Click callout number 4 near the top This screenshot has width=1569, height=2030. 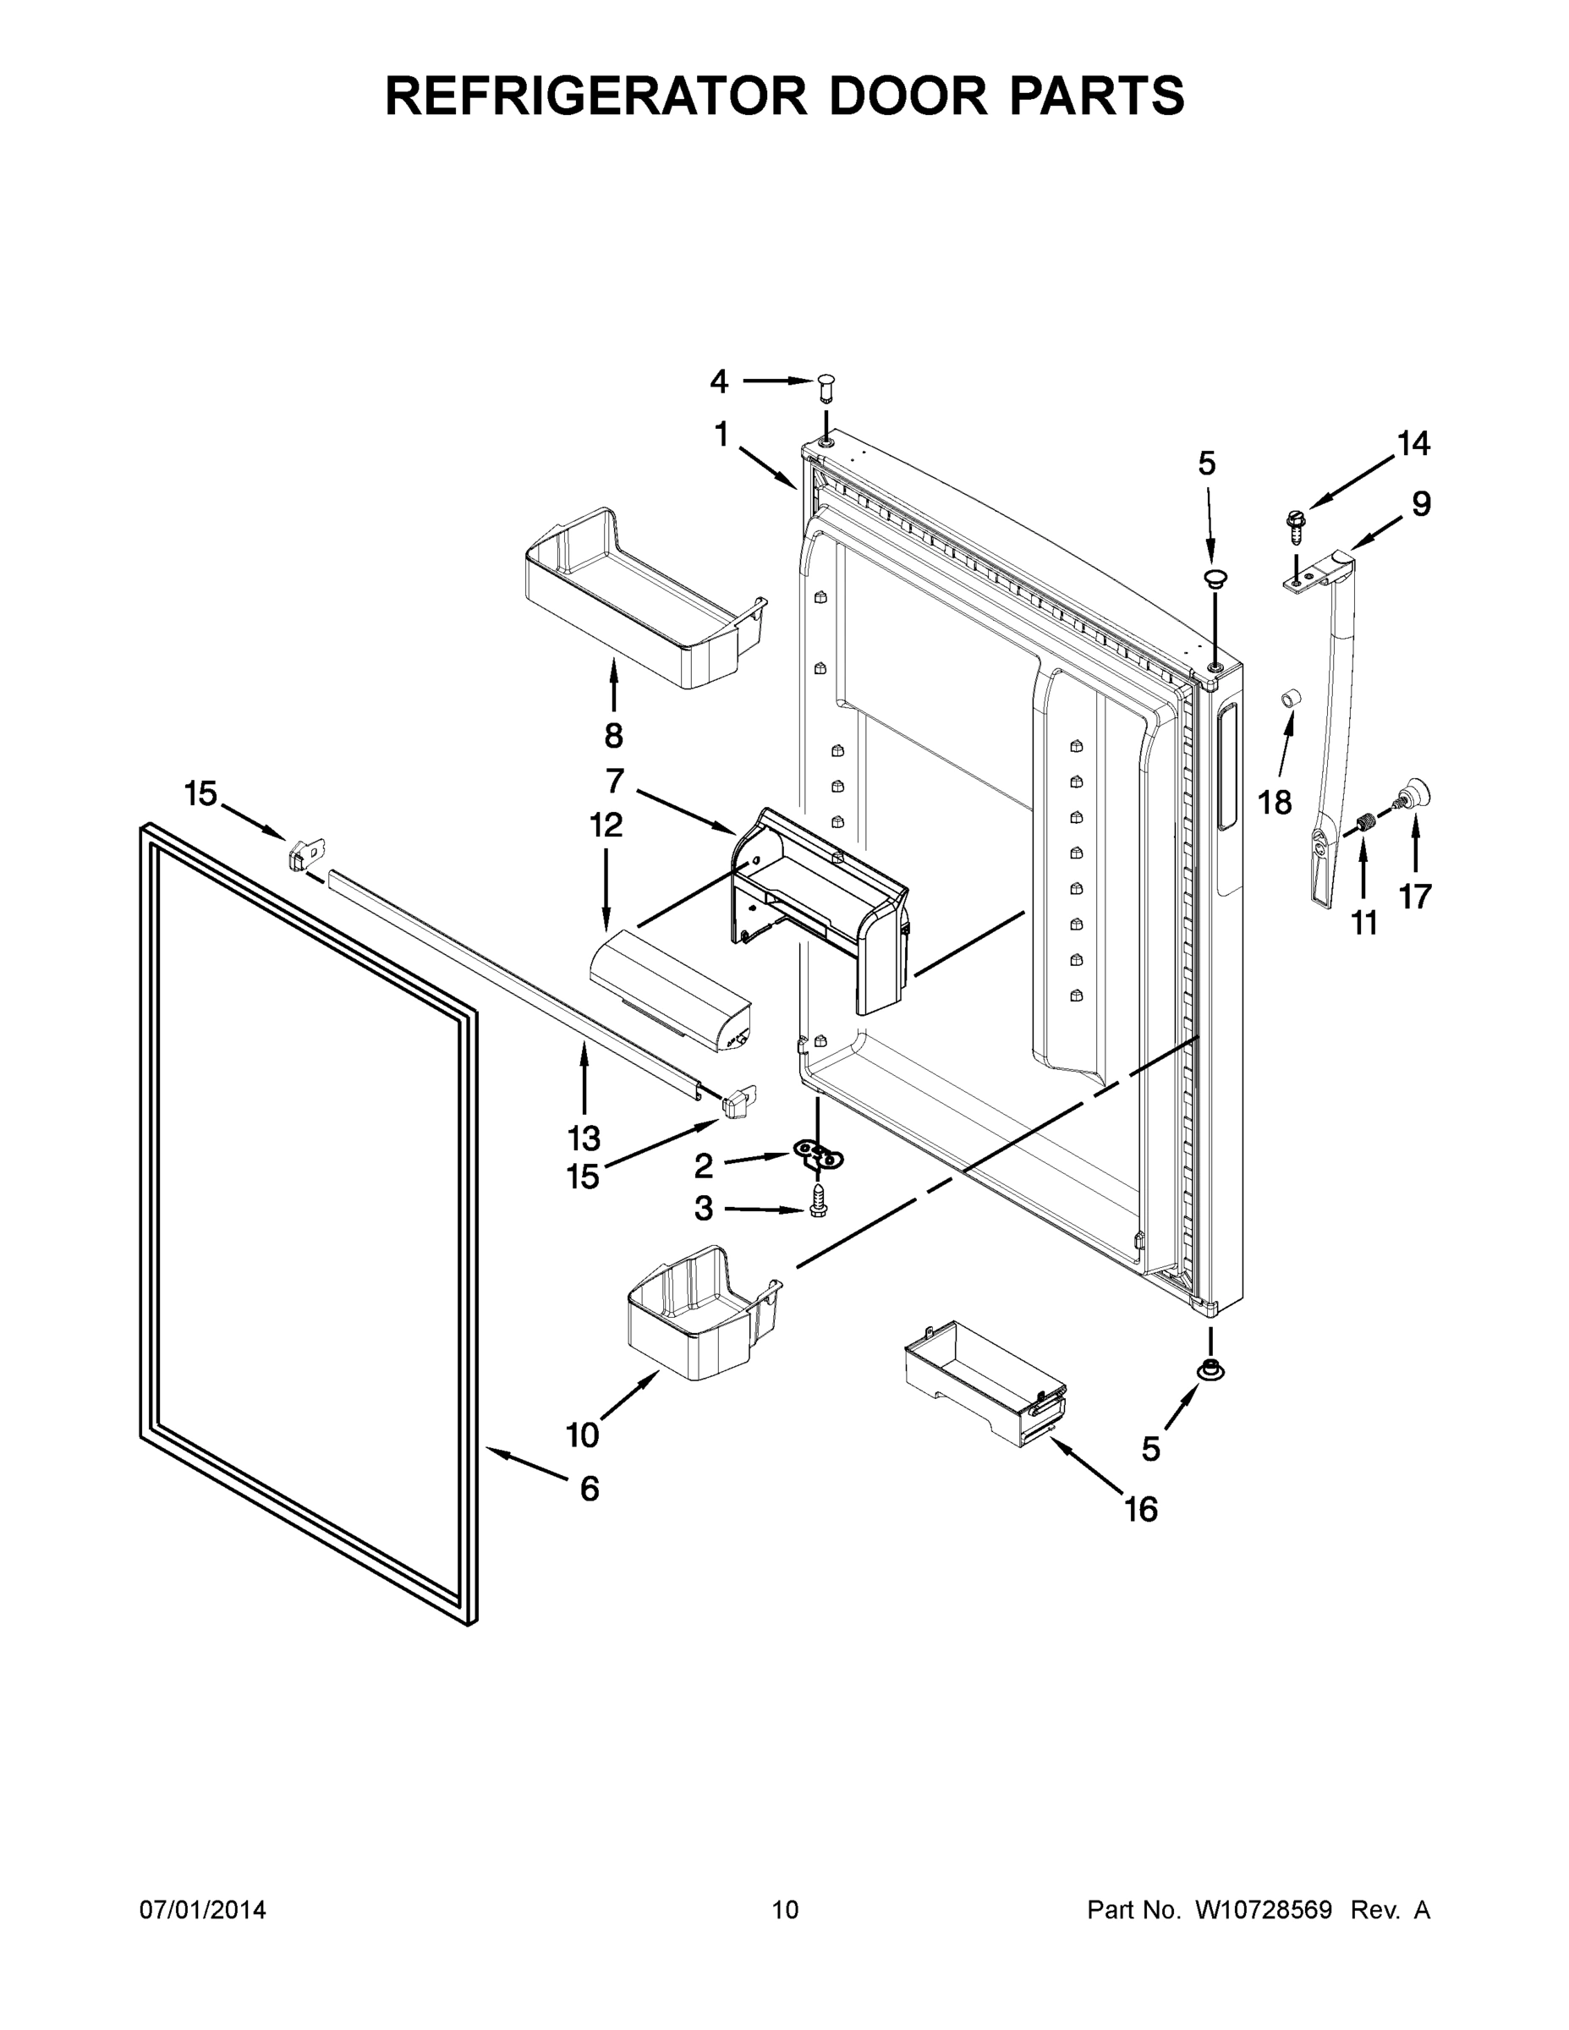(x=718, y=381)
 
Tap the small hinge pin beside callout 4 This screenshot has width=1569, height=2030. (x=827, y=386)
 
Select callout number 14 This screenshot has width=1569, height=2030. (x=1413, y=444)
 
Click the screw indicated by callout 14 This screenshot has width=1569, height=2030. (x=1293, y=526)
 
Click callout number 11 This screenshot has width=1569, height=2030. (x=1363, y=923)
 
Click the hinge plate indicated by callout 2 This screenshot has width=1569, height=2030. (x=819, y=1155)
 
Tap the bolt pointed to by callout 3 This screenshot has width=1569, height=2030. (x=819, y=1200)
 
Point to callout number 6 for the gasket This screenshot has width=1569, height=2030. (x=590, y=1489)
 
